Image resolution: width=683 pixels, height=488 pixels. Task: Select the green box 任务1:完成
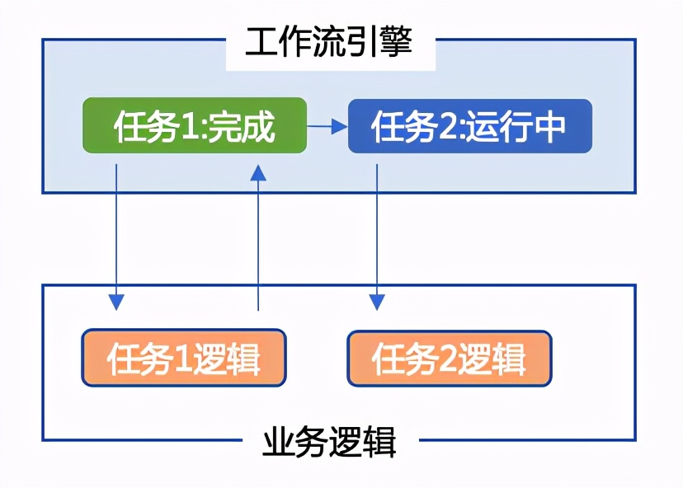pos(194,126)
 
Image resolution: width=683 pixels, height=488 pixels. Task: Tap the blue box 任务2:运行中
pos(469,126)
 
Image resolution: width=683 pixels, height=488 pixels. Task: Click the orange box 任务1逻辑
pos(183,358)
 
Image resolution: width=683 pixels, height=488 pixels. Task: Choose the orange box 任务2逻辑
pos(449,358)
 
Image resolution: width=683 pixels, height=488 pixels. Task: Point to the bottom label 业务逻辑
pos(330,442)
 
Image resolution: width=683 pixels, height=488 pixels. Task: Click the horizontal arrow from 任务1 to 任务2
pos(327,126)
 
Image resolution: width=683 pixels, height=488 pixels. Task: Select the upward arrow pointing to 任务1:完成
pos(259,239)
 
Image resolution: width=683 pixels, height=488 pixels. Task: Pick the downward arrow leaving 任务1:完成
pos(116,239)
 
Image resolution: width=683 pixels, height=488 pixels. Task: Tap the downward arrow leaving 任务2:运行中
pos(377,239)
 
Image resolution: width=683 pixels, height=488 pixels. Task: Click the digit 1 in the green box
pos(188,127)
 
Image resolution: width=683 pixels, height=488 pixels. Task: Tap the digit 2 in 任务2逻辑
pos(447,359)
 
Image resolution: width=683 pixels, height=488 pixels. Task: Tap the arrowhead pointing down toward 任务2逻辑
pos(377,301)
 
